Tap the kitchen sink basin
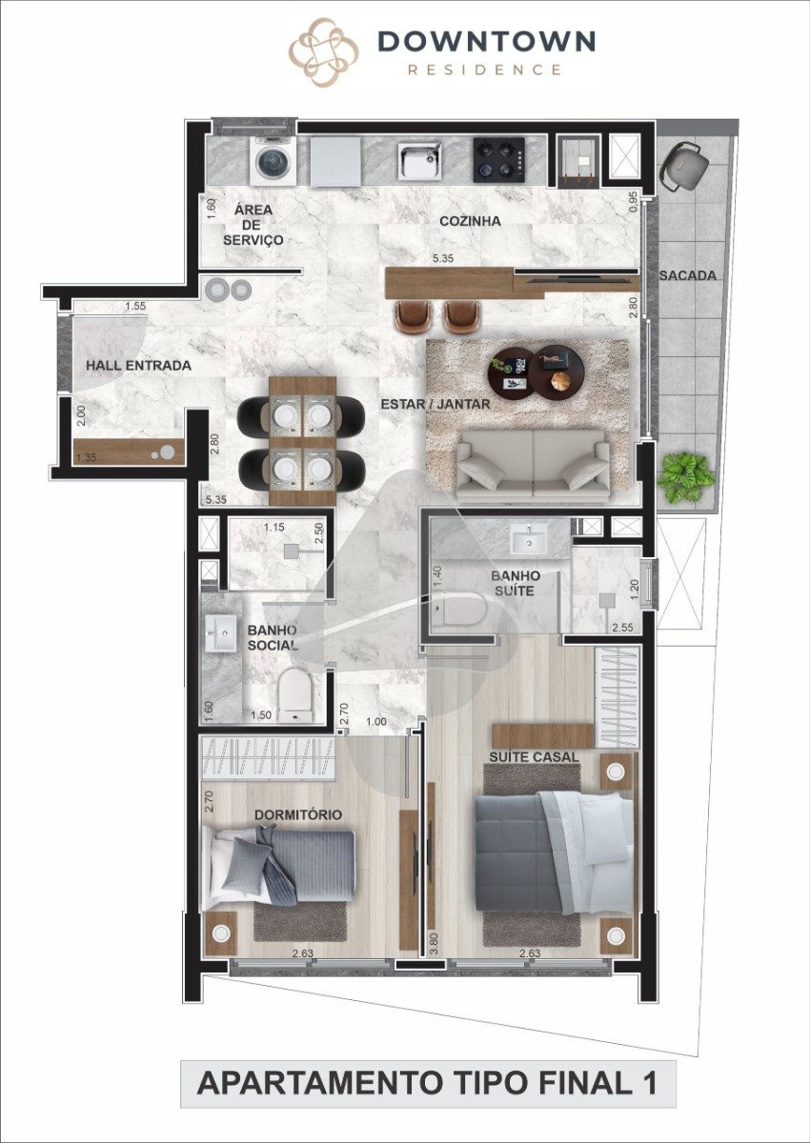click(419, 161)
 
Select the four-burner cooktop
click(498, 160)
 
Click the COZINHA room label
click(470, 221)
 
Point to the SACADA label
click(687, 275)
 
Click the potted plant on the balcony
click(685, 477)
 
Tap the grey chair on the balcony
click(683, 166)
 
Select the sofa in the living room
click(534, 464)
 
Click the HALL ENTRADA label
click(138, 366)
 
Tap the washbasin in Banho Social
click(221, 632)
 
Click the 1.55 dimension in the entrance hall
click(135, 306)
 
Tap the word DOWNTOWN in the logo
click(487, 41)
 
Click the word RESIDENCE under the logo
click(485, 70)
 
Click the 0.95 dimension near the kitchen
click(634, 202)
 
